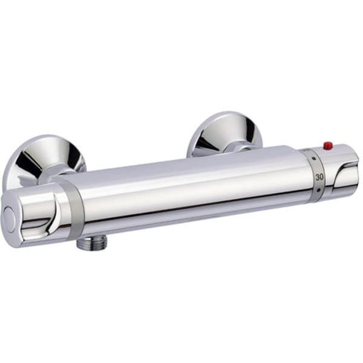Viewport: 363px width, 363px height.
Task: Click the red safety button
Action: tap(328, 146)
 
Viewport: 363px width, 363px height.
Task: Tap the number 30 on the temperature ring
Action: tap(319, 177)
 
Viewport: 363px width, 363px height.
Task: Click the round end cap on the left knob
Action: tap(9, 218)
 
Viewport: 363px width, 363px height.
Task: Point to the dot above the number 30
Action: tap(314, 159)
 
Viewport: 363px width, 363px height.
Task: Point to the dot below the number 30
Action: tap(319, 191)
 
